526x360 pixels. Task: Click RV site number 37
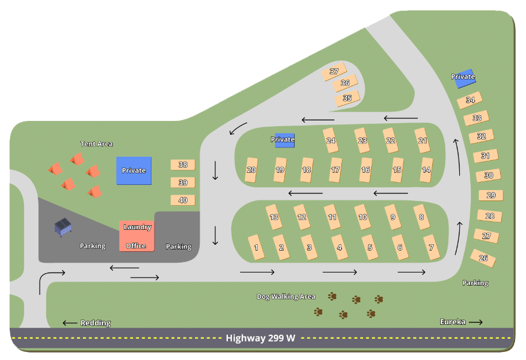(x=334, y=71)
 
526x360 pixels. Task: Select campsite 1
(x=256, y=247)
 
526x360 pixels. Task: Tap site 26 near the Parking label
(x=483, y=258)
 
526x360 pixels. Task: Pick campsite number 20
(x=251, y=170)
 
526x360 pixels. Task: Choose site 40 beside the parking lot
(x=183, y=200)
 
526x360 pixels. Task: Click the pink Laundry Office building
(x=137, y=236)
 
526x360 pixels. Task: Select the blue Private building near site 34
(x=464, y=78)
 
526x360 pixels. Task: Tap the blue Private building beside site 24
(x=284, y=141)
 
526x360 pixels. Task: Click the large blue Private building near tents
(x=134, y=170)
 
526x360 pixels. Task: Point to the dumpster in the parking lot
(x=63, y=227)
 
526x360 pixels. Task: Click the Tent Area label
(x=97, y=144)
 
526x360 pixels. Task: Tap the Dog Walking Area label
(x=286, y=297)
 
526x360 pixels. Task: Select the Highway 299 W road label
(x=260, y=338)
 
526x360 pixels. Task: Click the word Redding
(x=96, y=323)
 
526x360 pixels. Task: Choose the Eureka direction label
(x=452, y=322)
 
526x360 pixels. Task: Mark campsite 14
(x=426, y=170)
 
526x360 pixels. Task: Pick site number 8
(x=421, y=217)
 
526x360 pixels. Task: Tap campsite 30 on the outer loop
(x=489, y=175)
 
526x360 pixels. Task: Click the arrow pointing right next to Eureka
(x=476, y=323)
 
